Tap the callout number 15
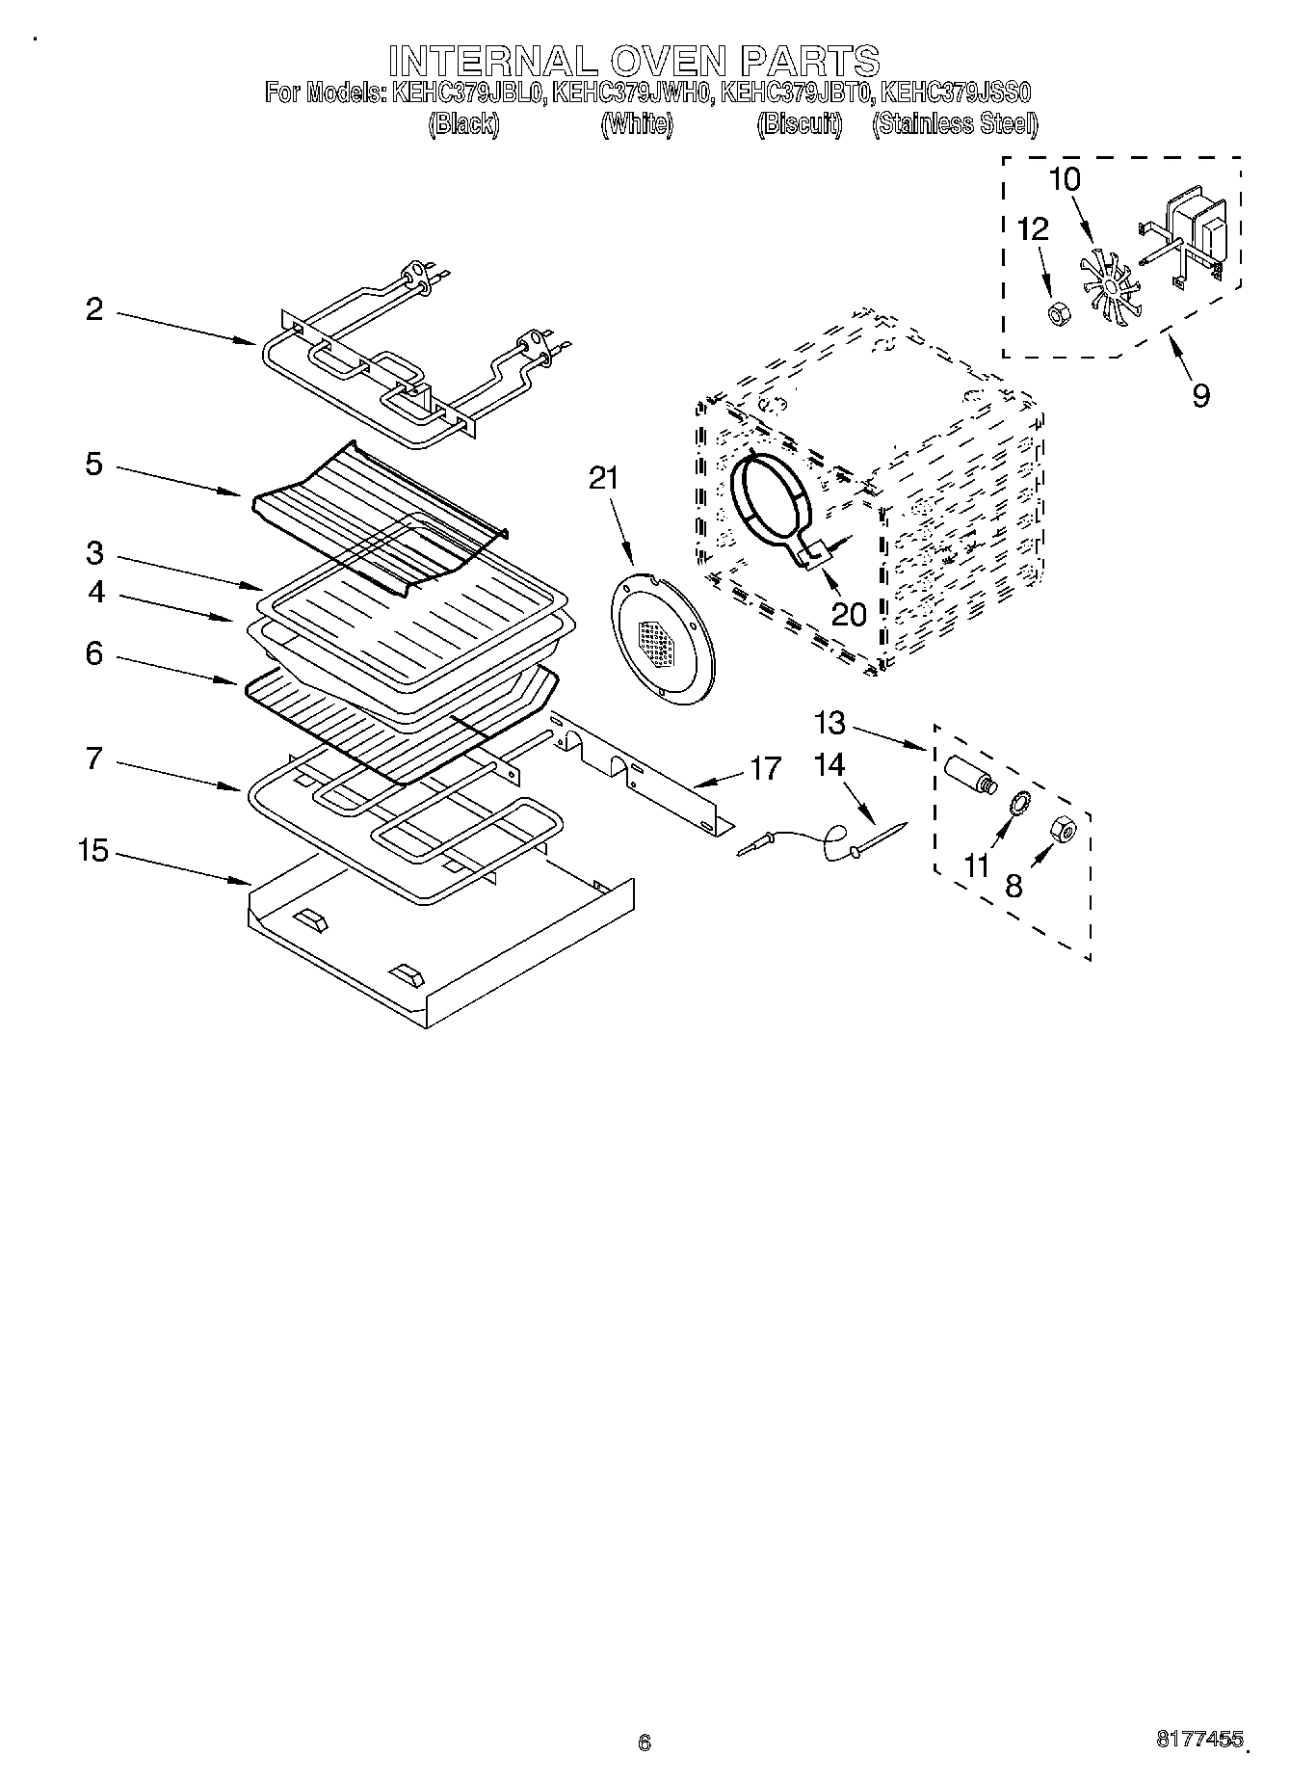coord(93,852)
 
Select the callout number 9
coord(1200,395)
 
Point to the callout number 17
coord(766,769)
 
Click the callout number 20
coord(849,614)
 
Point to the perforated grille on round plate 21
coord(657,639)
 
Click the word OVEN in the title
coord(666,61)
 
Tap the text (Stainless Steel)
coord(955,124)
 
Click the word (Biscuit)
coord(800,124)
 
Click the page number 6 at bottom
coord(645,1742)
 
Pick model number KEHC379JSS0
coord(957,93)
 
